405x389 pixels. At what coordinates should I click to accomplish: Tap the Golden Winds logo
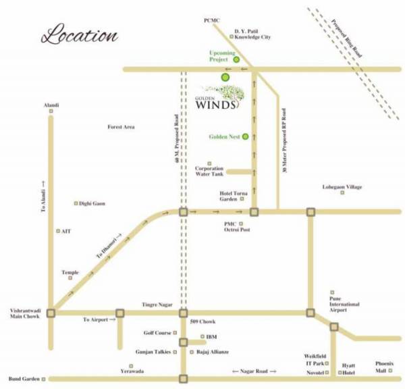220,97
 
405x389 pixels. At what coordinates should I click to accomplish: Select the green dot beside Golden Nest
246,136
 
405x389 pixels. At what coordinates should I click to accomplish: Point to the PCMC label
212,21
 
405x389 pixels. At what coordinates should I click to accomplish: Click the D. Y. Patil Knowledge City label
252,34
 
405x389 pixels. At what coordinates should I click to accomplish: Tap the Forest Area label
122,127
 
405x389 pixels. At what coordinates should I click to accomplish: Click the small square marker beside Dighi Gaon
76,203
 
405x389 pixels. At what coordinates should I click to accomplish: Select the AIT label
66,231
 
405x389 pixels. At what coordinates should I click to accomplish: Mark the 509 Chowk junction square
183,313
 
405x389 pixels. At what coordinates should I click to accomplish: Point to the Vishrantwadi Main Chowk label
24,315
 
